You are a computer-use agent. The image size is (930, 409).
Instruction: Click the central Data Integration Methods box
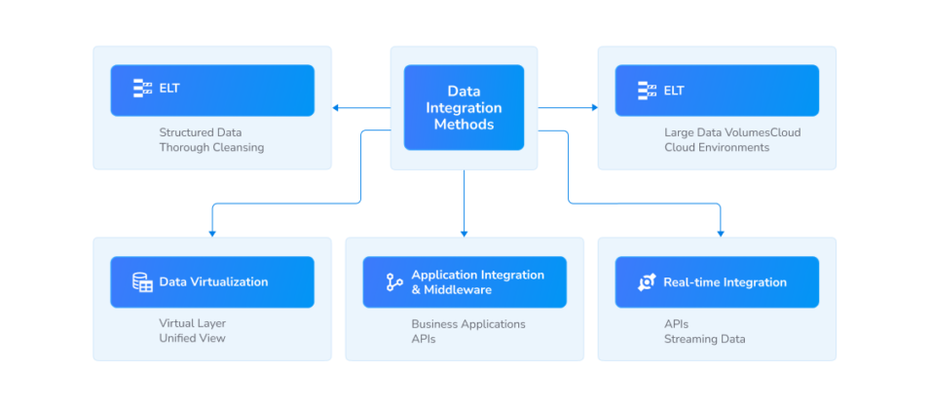click(464, 107)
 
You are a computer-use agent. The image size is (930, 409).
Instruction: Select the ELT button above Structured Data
click(212, 90)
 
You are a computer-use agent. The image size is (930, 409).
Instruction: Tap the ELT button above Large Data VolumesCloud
click(717, 90)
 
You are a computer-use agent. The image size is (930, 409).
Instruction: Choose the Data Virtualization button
click(212, 282)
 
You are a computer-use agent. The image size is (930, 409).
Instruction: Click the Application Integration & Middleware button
click(464, 282)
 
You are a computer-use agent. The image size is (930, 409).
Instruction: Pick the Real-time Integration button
click(717, 282)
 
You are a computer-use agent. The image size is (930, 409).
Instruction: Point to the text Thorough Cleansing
click(211, 148)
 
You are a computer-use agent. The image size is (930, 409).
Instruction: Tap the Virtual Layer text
click(192, 323)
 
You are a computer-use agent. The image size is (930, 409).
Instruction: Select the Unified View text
click(192, 339)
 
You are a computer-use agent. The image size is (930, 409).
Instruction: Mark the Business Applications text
click(467, 323)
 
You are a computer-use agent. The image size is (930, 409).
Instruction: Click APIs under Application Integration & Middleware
click(424, 339)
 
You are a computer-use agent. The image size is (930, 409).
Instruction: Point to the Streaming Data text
click(704, 339)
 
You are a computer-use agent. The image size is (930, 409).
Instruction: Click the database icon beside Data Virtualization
click(142, 282)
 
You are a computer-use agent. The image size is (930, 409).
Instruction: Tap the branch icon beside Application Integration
click(394, 282)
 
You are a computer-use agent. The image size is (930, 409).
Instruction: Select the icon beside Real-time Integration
click(647, 282)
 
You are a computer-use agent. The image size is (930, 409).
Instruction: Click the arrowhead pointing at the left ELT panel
click(336, 107)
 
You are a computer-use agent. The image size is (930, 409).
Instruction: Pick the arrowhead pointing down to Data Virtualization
click(211, 233)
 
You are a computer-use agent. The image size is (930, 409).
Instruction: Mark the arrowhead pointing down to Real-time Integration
click(721, 233)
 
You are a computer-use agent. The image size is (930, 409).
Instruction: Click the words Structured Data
click(201, 132)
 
